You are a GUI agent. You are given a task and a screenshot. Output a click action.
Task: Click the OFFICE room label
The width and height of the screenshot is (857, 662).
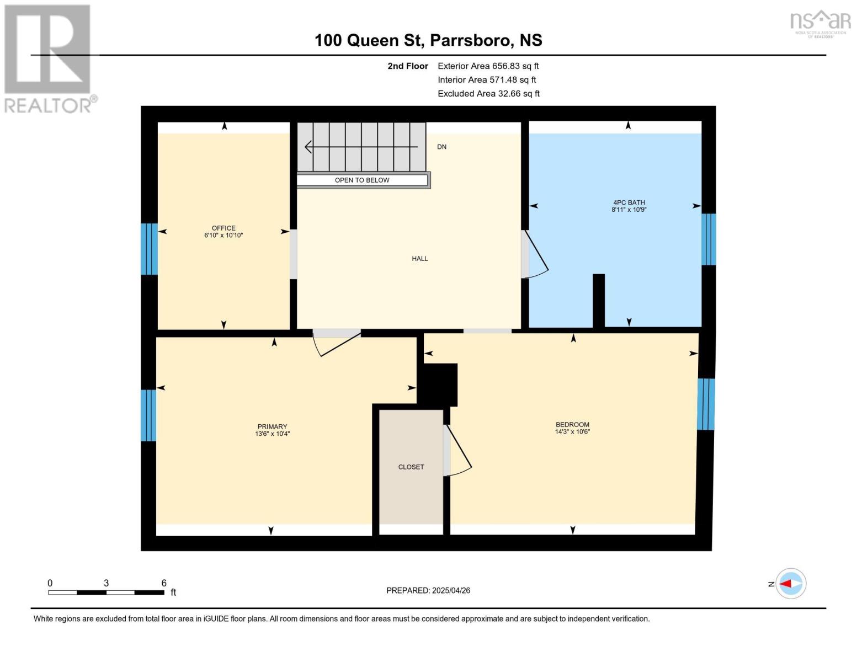coord(223,228)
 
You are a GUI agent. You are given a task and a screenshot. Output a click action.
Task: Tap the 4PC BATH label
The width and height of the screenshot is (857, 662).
coord(629,202)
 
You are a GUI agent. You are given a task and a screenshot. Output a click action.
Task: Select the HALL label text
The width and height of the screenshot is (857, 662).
coord(419,258)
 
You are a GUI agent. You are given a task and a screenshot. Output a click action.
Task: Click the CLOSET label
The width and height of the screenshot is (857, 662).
coord(411,467)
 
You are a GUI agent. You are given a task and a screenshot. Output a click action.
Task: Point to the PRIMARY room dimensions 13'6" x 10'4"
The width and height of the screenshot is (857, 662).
coord(272,434)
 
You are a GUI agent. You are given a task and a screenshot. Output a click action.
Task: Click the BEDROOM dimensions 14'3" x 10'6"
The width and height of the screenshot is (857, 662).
coord(572,432)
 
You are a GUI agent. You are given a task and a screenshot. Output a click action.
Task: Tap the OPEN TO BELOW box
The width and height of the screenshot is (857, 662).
coord(363,180)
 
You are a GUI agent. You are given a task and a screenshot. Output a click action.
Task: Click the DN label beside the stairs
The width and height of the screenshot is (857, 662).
coord(441,147)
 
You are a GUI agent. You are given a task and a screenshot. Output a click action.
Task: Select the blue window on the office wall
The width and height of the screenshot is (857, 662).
coord(149,249)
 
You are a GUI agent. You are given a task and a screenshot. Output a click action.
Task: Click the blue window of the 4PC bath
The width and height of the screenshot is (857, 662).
coord(709,239)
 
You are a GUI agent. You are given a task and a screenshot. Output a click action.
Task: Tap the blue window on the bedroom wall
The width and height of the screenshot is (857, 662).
coord(706,404)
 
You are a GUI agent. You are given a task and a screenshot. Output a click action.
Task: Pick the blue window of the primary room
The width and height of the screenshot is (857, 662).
coord(148,415)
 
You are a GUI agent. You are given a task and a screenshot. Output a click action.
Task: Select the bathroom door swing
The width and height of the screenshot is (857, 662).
coord(535,255)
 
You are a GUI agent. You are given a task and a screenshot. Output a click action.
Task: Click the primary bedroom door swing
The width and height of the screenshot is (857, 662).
coord(337,343)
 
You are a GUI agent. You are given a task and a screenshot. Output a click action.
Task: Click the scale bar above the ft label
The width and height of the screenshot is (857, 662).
coord(106,592)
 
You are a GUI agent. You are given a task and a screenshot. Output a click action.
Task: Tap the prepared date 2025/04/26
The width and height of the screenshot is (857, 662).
coord(428,590)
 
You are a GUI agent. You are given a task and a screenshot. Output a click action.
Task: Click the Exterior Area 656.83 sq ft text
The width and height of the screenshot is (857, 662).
coord(488,66)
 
